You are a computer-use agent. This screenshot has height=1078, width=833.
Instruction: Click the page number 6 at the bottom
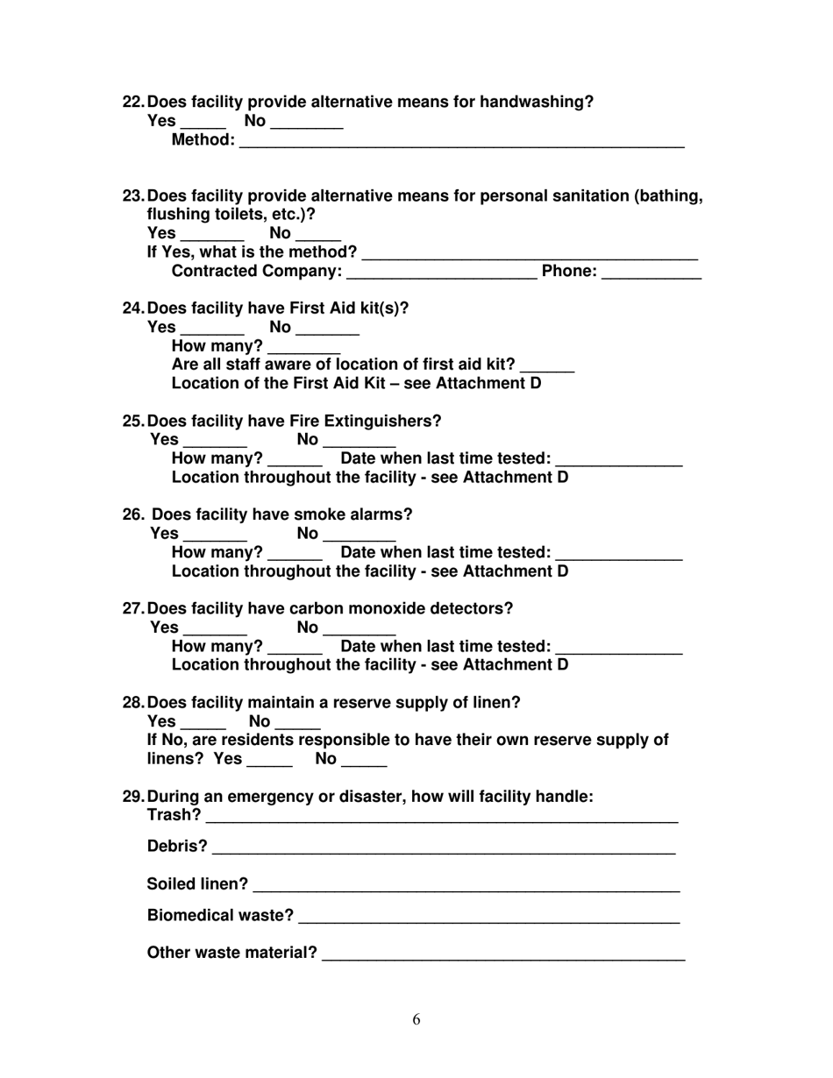[x=416, y=1019]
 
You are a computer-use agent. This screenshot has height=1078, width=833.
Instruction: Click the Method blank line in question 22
[x=461, y=143]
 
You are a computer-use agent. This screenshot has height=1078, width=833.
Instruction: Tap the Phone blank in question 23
[x=651, y=275]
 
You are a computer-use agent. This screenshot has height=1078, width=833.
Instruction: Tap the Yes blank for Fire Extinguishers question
[x=215, y=443]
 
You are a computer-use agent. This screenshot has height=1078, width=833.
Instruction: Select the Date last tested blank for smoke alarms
[x=619, y=557]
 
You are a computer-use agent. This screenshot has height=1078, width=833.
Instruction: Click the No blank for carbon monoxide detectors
[x=360, y=632]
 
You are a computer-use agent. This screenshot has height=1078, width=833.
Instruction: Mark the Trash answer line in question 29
[x=442, y=820]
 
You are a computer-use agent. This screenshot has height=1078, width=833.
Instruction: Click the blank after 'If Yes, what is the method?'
[x=530, y=257]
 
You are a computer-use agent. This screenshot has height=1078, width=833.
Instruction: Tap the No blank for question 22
[x=306, y=125]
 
